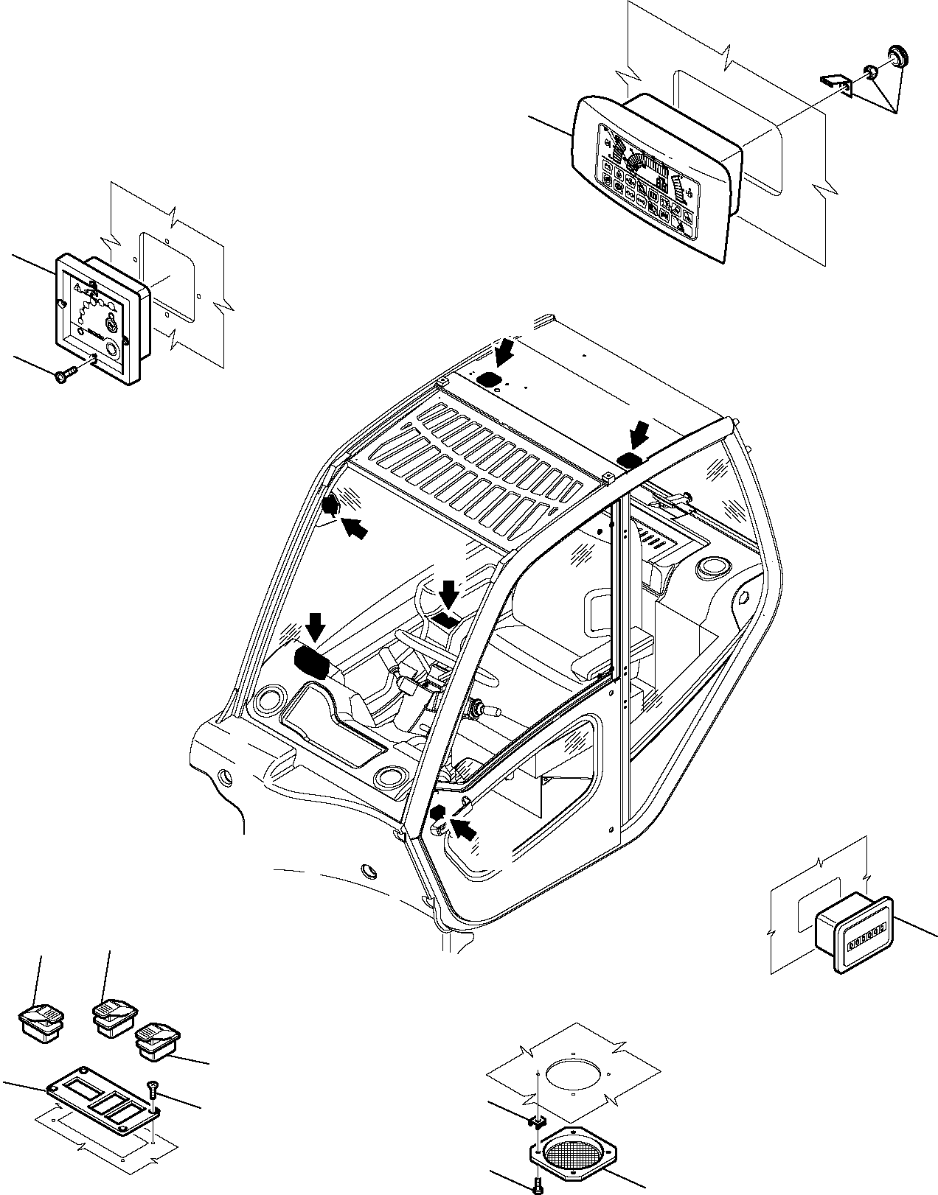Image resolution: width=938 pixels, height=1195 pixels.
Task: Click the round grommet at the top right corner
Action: [x=897, y=55]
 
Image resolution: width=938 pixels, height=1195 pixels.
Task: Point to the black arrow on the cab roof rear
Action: [x=507, y=352]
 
